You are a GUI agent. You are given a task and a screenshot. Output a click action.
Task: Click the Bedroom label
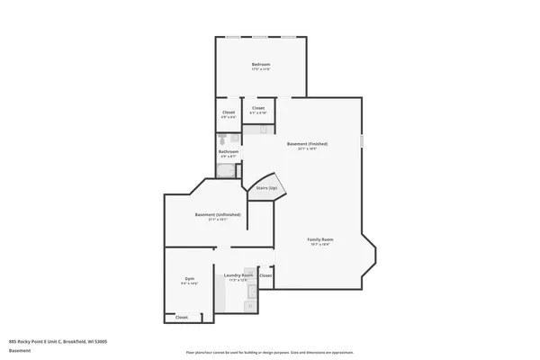[x=261, y=65]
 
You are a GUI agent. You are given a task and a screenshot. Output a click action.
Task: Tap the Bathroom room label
[x=229, y=151]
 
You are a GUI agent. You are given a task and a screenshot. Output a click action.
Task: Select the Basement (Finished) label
[x=307, y=144]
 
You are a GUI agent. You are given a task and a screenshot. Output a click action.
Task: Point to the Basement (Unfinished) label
[x=218, y=214]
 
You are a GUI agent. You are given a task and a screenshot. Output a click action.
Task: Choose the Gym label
[x=190, y=278]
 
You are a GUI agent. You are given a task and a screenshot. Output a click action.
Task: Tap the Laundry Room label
[x=238, y=274]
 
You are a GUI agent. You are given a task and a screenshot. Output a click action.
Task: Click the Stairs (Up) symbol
[x=266, y=188]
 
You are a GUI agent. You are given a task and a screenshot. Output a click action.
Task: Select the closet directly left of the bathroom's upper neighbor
[x=229, y=112]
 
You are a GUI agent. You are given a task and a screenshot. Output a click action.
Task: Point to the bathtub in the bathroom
[x=228, y=169]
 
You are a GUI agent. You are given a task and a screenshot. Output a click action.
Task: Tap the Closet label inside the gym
[x=182, y=318]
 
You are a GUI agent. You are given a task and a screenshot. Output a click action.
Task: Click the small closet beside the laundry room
[x=265, y=274]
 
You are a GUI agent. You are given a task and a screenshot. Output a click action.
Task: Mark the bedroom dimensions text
[x=261, y=70]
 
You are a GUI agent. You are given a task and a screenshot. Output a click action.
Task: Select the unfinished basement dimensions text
[x=218, y=220]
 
